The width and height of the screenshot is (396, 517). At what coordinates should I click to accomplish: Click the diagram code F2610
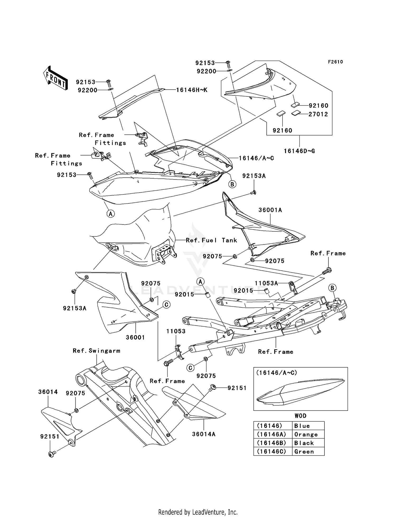tap(335, 62)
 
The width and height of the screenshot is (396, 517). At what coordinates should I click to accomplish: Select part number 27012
tap(318, 114)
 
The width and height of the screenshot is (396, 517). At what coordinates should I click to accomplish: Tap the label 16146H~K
tap(192, 90)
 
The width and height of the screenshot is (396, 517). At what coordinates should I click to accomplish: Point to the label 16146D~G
tap(299, 151)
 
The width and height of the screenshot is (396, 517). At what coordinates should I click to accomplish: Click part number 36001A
tap(270, 210)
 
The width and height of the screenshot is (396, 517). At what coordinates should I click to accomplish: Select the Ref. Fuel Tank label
tap(211, 240)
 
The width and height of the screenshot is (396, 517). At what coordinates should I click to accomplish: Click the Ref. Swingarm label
tap(97, 351)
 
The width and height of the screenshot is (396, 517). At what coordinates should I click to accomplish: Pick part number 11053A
tap(266, 283)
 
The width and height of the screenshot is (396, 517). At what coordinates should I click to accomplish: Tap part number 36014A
tap(204, 434)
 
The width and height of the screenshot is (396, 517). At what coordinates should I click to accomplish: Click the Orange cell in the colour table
tap(306, 435)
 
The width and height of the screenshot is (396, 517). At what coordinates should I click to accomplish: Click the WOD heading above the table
tap(300, 416)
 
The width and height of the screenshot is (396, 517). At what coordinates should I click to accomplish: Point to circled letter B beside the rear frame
tap(332, 288)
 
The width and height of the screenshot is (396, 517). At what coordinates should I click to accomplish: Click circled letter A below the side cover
tap(111, 214)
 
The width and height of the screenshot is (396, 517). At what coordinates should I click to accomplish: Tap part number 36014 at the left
tap(48, 392)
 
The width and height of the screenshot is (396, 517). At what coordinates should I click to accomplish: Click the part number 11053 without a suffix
tap(176, 331)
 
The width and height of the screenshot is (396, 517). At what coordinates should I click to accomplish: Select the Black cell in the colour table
tap(304, 443)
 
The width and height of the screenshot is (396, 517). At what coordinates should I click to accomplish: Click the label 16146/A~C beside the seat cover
tap(256, 158)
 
